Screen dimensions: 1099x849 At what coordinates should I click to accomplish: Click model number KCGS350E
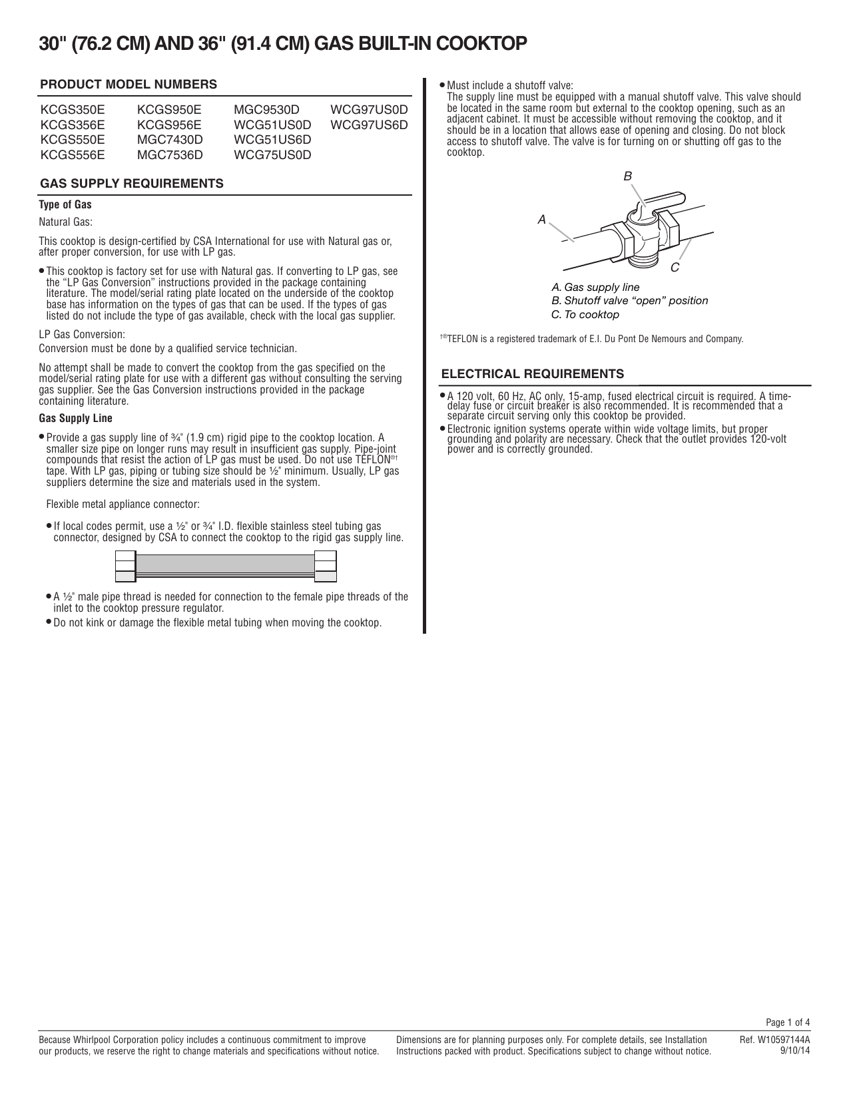click(x=73, y=109)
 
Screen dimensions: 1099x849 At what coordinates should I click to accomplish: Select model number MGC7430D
click(x=170, y=140)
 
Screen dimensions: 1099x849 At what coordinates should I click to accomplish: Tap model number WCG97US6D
click(x=369, y=124)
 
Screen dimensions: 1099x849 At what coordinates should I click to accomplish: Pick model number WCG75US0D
click(x=272, y=155)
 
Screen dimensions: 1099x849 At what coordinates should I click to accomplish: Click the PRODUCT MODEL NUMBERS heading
click(x=129, y=85)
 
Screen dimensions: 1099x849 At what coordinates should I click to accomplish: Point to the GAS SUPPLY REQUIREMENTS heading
click(x=132, y=184)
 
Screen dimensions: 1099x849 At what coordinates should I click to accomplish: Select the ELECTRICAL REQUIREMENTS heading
click(x=533, y=373)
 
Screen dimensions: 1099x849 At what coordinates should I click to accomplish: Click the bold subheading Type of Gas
click(x=65, y=205)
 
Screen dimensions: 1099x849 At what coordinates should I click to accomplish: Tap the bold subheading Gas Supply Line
click(x=76, y=419)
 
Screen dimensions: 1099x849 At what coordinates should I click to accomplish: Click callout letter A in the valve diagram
click(x=542, y=218)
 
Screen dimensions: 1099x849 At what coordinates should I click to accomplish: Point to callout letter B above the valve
click(x=627, y=176)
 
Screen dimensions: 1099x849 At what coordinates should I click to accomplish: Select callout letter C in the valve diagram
click(x=675, y=267)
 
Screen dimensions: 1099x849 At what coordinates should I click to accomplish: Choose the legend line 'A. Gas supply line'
click(x=595, y=288)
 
